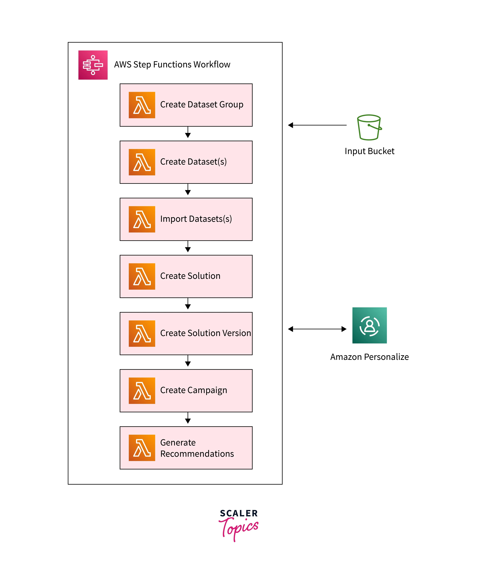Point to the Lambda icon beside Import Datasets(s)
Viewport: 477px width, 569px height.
point(142,219)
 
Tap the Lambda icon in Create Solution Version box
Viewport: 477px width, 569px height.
point(142,333)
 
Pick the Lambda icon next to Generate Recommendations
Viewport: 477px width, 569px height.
point(142,448)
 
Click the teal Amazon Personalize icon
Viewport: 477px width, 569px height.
point(369,325)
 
